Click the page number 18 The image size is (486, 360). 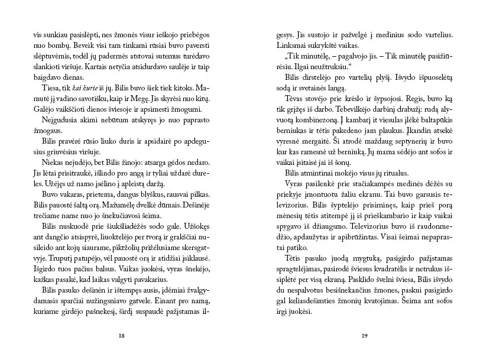pyautogui.click(x=121, y=335)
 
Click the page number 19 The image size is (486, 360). pyautogui.click(x=364, y=335)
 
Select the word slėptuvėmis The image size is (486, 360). pyautogui.click(x=51, y=59)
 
